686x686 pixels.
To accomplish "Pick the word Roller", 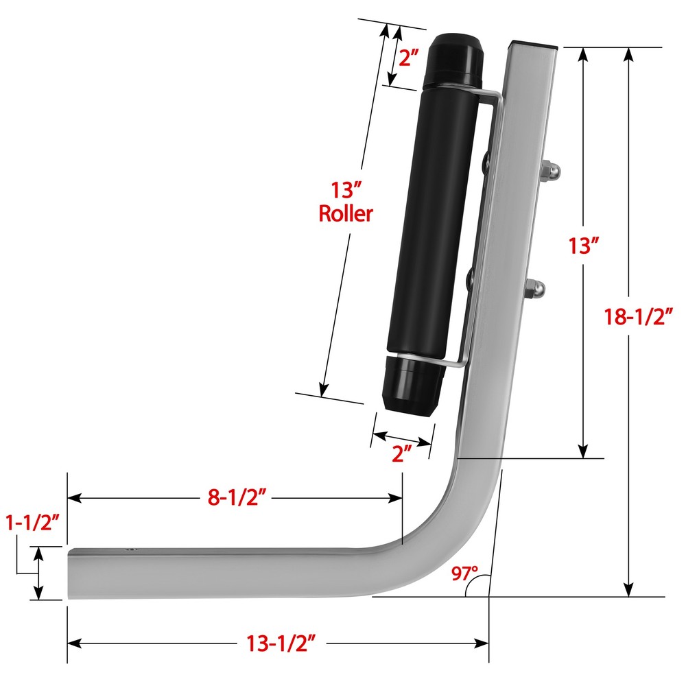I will pyautogui.click(x=346, y=213).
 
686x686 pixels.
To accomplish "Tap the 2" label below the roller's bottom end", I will pyautogui.click(x=401, y=454).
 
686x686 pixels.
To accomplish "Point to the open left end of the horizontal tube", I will pyautogui.click(x=69, y=573).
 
